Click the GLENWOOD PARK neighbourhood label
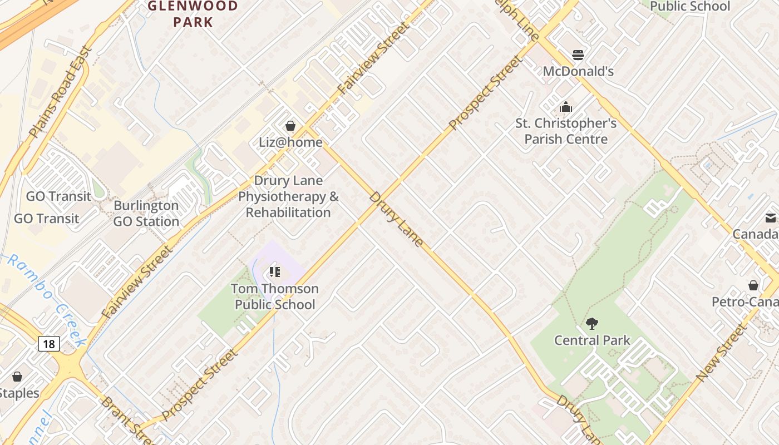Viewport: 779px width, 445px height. (193, 14)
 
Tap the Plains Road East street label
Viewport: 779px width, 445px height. (60, 92)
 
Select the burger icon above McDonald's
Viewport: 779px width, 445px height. (578, 55)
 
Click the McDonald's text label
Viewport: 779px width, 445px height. (578, 71)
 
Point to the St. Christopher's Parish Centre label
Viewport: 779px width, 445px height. (566, 131)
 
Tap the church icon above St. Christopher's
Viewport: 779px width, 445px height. (566, 107)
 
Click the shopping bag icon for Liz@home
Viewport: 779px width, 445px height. (290, 126)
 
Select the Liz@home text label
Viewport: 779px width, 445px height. (290, 142)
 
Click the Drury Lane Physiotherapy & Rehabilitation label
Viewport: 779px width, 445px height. (288, 197)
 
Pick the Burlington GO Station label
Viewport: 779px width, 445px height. (146, 214)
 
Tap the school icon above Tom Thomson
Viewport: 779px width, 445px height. (274, 272)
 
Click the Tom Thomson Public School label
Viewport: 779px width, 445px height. (275, 296)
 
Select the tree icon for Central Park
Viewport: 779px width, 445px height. (592, 323)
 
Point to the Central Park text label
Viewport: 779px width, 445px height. (592, 340)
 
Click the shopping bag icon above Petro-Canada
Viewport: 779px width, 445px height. (753, 285)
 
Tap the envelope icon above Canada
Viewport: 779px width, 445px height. (771, 218)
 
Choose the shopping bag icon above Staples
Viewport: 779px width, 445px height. (17, 377)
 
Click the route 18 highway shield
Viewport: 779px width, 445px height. (49, 344)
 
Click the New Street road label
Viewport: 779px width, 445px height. (722, 353)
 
